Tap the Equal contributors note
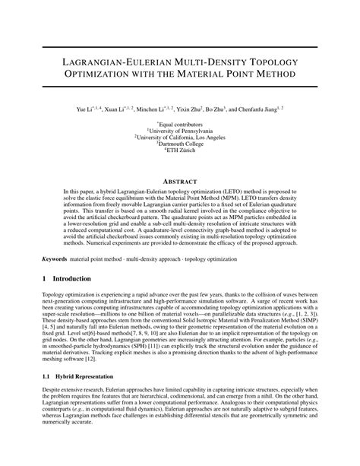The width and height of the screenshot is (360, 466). [180, 124]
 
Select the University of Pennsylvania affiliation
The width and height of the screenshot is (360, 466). [180, 131]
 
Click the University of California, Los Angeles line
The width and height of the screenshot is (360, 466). [180, 138]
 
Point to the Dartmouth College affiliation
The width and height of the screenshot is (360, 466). [180, 144]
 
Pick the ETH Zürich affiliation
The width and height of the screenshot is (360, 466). [180, 151]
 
